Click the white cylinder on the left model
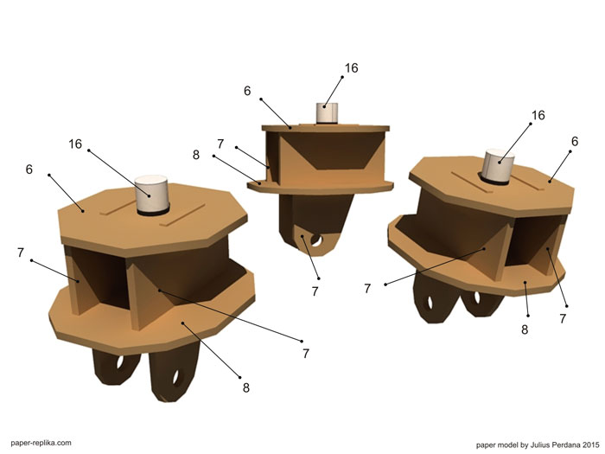point(151,194)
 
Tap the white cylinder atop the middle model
point(327,112)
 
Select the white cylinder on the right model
point(499,165)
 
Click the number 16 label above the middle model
point(351,68)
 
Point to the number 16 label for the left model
point(75,144)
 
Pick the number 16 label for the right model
point(538,115)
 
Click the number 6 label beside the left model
point(29,169)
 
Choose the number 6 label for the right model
point(575,141)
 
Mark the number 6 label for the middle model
point(247,91)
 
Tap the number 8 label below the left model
point(246,387)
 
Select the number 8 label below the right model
point(525,329)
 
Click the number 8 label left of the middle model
point(196,155)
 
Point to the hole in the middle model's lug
point(316,240)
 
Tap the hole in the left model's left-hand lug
point(120,362)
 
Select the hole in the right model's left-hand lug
point(430,303)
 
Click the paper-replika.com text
point(41,443)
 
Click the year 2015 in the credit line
point(590,444)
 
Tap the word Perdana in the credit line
point(565,444)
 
